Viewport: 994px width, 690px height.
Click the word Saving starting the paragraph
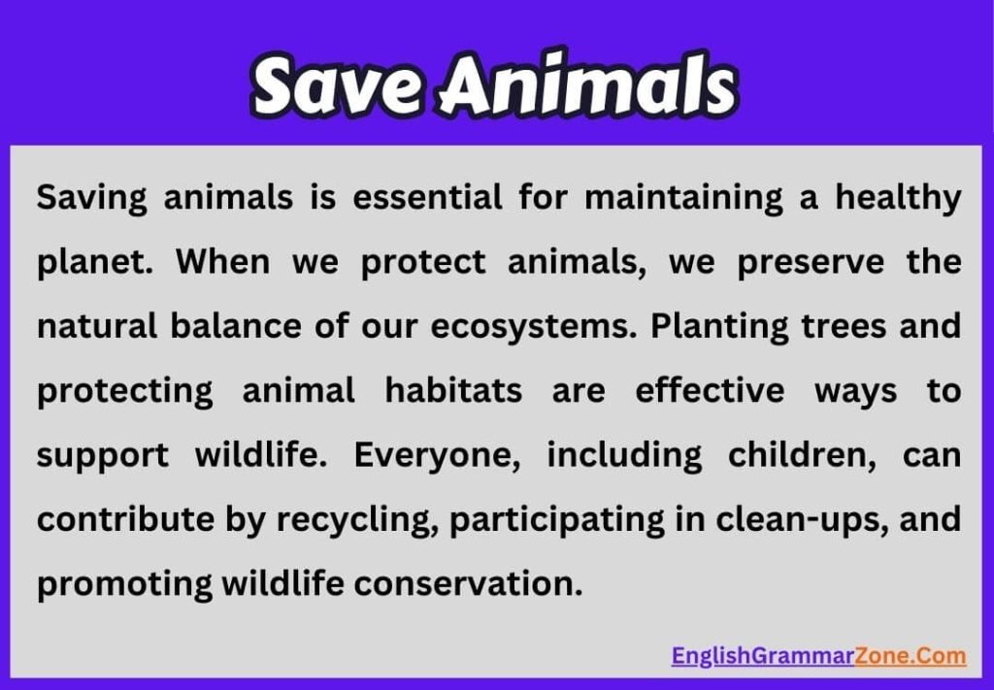(92, 199)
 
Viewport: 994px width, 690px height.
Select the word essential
(427, 198)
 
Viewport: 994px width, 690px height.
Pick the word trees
(848, 327)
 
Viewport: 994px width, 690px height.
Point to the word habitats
(453, 391)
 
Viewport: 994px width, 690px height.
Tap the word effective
(710, 391)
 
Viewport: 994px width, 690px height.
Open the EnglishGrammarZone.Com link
(818, 656)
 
